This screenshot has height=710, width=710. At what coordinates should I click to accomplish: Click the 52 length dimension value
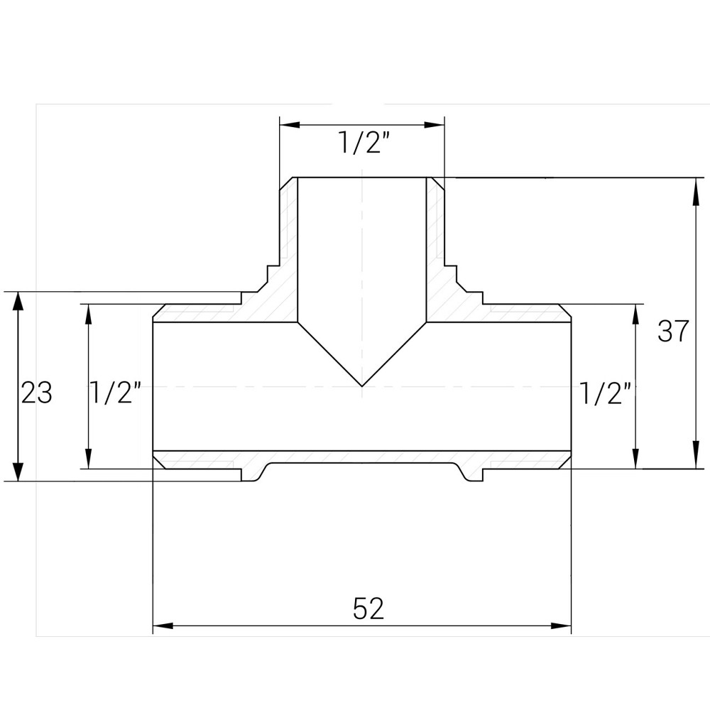pyautogui.click(x=368, y=609)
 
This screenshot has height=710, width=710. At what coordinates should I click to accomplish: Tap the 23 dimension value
pyautogui.click(x=36, y=392)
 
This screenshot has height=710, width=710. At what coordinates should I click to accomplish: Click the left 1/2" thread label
pyautogui.click(x=116, y=392)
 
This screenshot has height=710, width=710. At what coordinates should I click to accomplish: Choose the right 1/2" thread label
pyautogui.click(x=606, y=392)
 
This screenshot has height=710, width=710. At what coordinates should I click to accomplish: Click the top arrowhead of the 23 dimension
pyautogui.click(x=18, y=301)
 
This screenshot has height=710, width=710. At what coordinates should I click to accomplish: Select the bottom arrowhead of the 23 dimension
pyautogui.click(x=18, y=472)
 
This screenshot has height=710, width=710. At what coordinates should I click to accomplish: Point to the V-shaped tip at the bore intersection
pyautogui.click(x=363, y=384)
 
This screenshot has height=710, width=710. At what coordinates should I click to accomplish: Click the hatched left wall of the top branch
pyautogui.click(x=288, y=248)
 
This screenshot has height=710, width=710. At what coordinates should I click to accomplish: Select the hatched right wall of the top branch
pyautogui.click(x=435, y=248)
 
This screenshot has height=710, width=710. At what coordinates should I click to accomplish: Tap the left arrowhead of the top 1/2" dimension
pyautogui.click(x=288, y=125)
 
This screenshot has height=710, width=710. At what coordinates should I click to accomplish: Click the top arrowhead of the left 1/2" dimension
pyautogui.click(x=88, y=313)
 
